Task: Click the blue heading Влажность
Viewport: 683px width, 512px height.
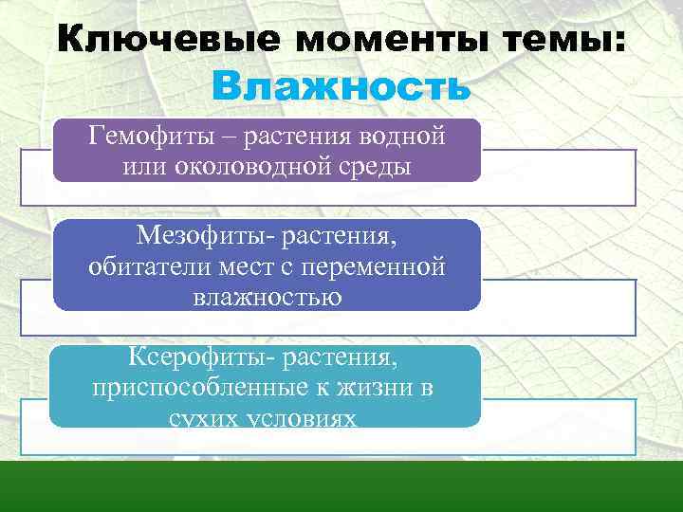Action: [341, 86]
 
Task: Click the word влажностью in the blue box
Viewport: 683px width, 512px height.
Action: [267, 297]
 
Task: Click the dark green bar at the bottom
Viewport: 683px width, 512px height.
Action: [341, 486]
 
